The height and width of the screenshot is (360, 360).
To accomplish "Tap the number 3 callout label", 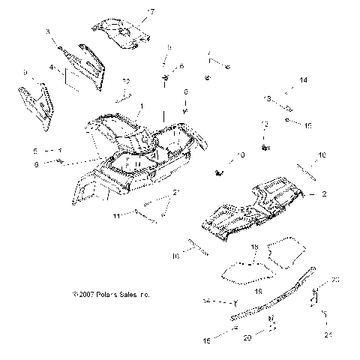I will pos(48,31).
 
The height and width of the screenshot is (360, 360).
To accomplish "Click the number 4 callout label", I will pos(51,67).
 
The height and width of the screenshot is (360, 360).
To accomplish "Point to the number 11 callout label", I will pos(117,215).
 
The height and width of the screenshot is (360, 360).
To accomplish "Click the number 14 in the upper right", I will pos(304,79).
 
